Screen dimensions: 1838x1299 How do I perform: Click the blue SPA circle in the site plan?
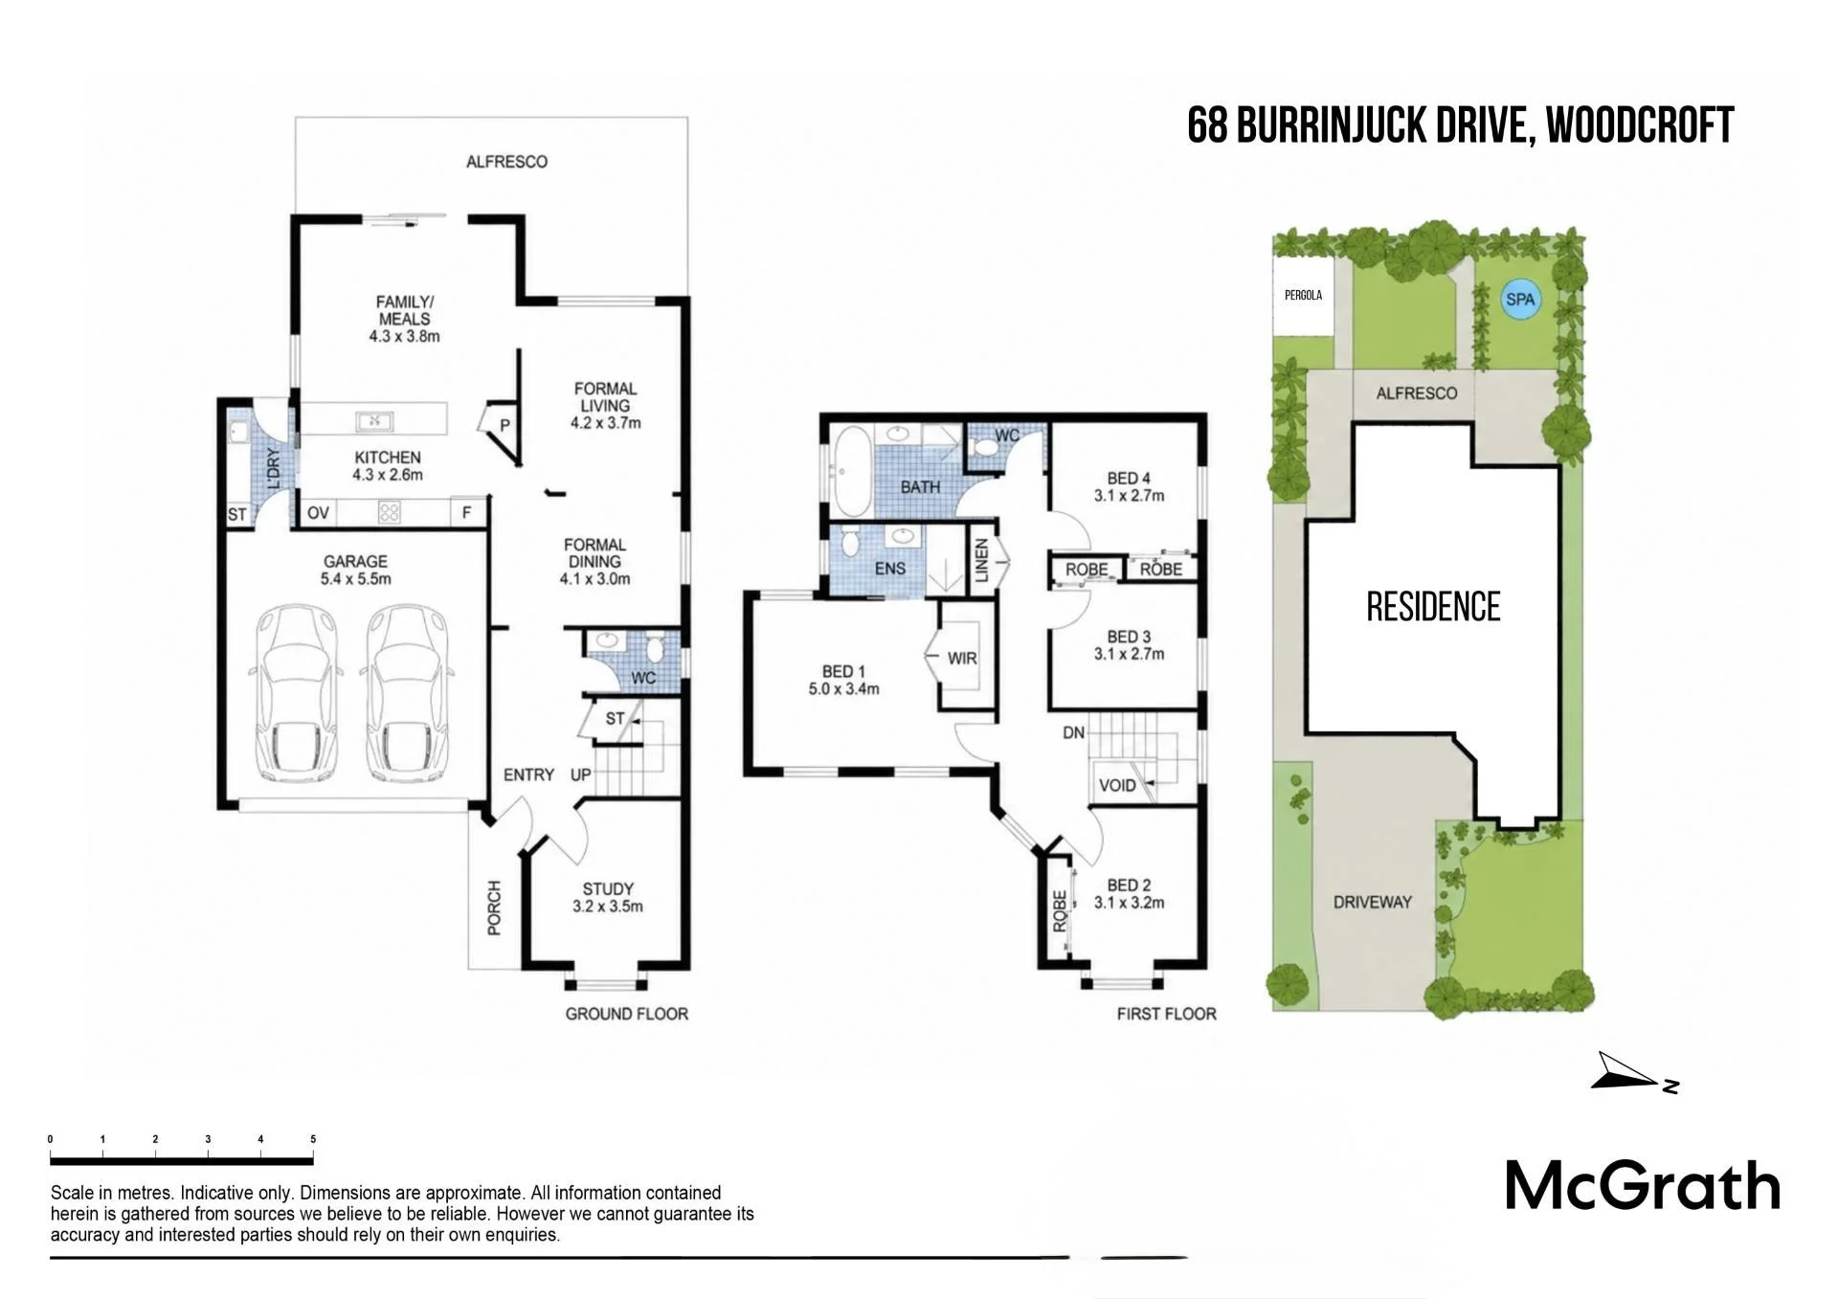pyautogui.click(x=1519, y=299)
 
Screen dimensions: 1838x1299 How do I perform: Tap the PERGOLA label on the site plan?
pyautogui.click(x=1303, y=295)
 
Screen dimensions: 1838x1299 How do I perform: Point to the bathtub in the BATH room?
pyautogui.click(x=852, y=471)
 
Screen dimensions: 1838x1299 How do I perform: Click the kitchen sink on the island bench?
pyautogui.click(x=374, y=420)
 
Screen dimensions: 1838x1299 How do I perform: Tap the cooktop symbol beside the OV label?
pyautogui.click(x=389, y=512)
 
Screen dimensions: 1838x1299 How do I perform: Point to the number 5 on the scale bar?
pyautogui.click(x=313, y=1139)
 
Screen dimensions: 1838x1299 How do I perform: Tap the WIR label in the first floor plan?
pyautogui.click(x=962, y=659)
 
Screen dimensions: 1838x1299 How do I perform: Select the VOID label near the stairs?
pyautogui.click(x=1117, y=786)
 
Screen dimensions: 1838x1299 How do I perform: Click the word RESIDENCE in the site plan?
pyautogui.click(x=1433, y=607)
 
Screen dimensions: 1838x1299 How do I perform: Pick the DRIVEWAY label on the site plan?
pyautogui.click(x=1373, y=902)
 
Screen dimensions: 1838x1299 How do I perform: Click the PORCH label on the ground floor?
pyautogui.click(x=494, y=907)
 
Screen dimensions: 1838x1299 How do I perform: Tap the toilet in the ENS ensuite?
pyautogui.click(x=848, y=543)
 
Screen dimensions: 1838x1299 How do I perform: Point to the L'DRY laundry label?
pyautogui.click(x=274, y=469)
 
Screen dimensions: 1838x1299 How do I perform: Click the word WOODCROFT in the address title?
pyautogui.click(x=1640, y=125)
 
